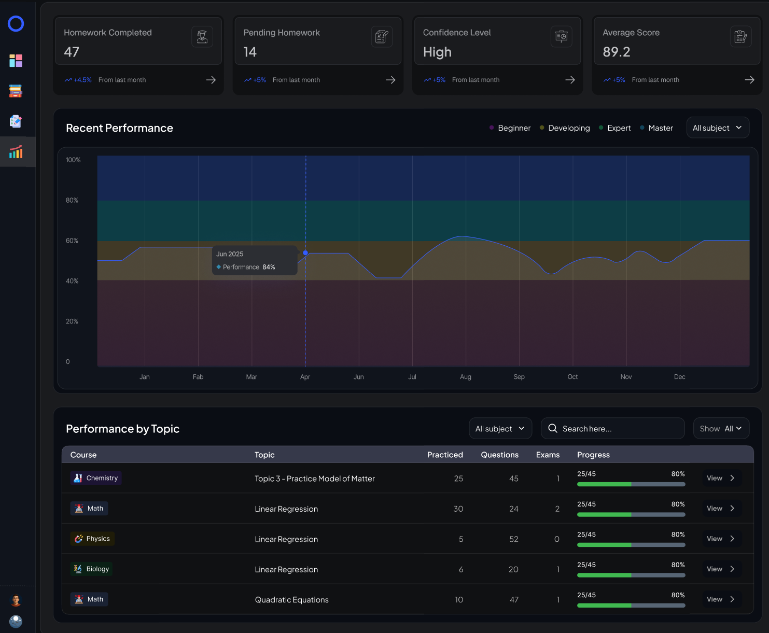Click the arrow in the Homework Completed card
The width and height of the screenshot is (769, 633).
click(211, 80)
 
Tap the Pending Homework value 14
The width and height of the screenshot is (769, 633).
click(250, 52)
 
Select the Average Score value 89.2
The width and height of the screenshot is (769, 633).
click(616, 52)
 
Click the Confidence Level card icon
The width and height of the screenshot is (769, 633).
click(561, 36)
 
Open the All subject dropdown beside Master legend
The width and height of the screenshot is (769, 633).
click(718, 128)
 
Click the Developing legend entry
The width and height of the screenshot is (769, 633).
click(565, 128)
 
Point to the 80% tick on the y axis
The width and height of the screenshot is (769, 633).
click(72, 200)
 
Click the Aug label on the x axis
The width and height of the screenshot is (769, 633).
click(466, 377)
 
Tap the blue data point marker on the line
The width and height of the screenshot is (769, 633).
click(305, 252)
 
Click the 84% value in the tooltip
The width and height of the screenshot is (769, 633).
click(269, 267)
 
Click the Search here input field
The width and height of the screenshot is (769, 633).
click(612, 428)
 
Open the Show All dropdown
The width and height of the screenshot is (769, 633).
click(721, 428)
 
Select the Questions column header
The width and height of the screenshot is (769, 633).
click(499, 455)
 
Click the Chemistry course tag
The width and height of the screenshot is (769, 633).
click(96, 478)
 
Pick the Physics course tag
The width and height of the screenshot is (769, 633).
click(92, 539)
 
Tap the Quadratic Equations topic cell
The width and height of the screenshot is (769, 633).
click(292, 600)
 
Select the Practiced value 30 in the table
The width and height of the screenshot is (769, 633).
click(458, 509)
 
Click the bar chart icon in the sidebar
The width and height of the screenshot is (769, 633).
click(16, 152)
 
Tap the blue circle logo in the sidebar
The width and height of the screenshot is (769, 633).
click(16, 24)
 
